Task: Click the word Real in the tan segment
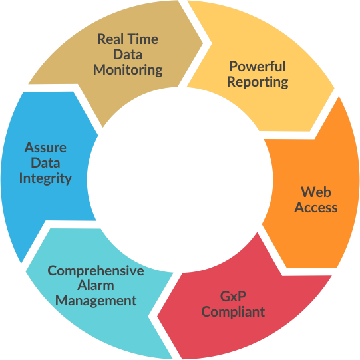[110, 39]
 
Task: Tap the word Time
[142, 39]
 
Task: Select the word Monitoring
[128, 70]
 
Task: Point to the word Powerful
[258, 66]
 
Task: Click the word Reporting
[258, 82]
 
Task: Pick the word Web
[316, 192]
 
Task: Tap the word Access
[316, 208]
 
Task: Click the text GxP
[233, 296]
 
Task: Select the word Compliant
[233, 312]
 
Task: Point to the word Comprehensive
[96, 270]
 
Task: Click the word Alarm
[96, 285]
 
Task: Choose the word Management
[96, 301]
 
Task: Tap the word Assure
[45, 148]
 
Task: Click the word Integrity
[45, 178]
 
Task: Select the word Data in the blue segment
[45, 163]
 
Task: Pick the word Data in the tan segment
[128, 54]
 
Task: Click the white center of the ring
[180, 180]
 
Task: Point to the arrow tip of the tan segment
[203, 43]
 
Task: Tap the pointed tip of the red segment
[158, 317]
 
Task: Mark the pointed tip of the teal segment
[26, 271]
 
